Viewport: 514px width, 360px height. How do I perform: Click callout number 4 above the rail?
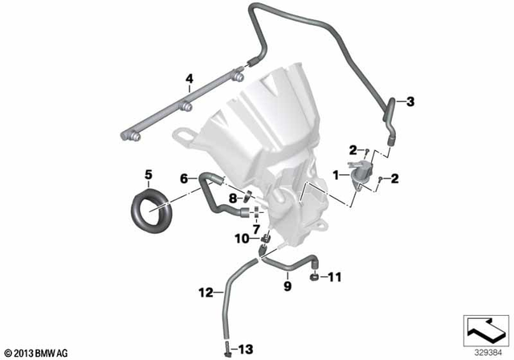190,79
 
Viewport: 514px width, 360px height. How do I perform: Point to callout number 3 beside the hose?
410,101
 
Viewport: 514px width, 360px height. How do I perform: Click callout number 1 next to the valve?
336,174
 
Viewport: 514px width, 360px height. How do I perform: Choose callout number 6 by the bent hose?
183,178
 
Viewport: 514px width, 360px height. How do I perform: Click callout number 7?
257,228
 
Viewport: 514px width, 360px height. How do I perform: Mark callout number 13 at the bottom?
247,349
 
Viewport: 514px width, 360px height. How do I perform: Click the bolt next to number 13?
228,349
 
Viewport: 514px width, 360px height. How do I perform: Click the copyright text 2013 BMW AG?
37,353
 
